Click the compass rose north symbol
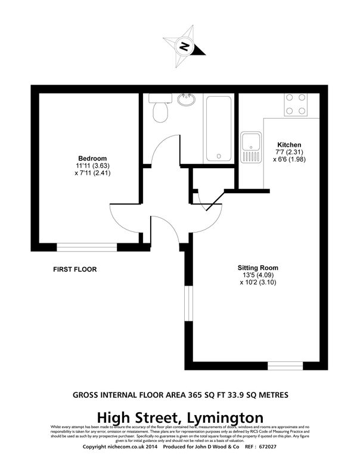coord(185,45)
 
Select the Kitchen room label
coord(289,145)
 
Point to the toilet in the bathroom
coord(159,109)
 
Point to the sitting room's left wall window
coord(187,304)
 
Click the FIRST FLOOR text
coord(75,270)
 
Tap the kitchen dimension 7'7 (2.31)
coord(289,152)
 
